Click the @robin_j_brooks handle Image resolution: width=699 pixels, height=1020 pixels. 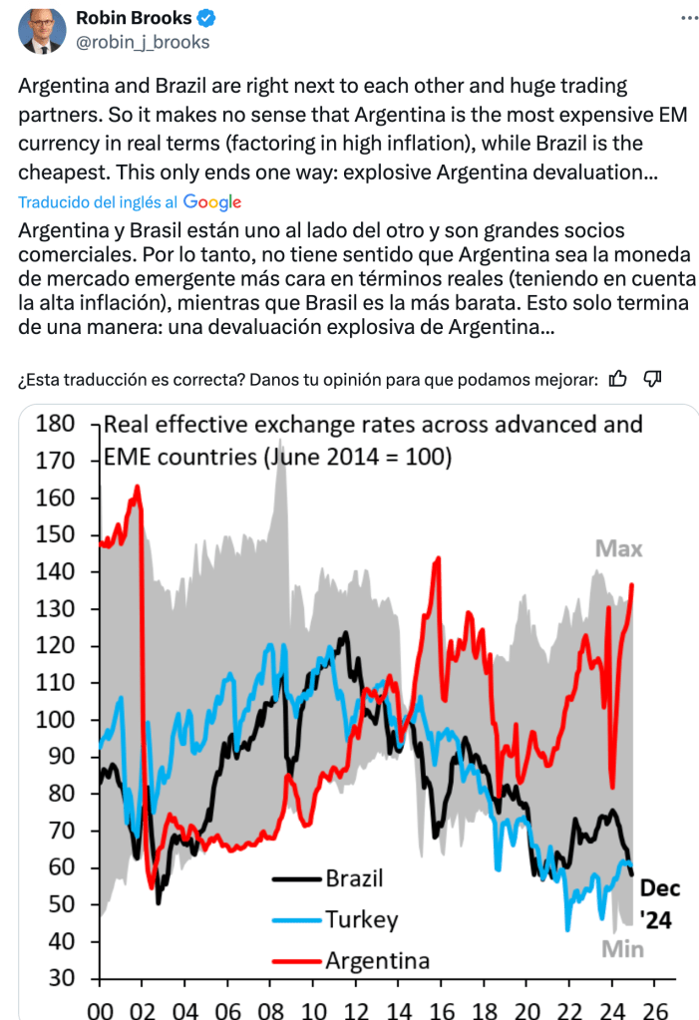click(143, 42)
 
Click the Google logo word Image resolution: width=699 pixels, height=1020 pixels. click(212, 201)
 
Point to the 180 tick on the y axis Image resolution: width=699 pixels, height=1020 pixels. click(55, 424)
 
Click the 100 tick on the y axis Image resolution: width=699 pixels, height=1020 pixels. click(55, 719)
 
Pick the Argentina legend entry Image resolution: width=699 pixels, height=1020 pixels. click(377, 961)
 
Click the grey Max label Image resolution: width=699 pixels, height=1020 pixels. click(618, 548)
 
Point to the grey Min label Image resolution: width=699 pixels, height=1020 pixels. click(621, 948)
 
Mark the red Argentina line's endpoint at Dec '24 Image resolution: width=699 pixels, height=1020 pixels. click(632, 585)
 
